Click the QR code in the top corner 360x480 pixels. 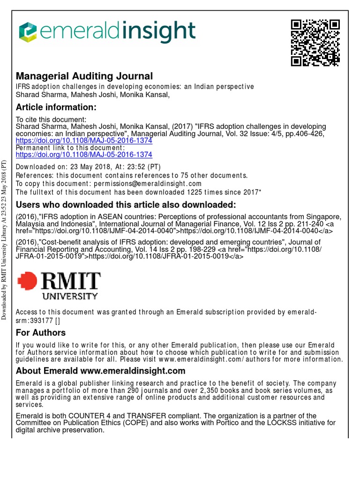coord(315,43)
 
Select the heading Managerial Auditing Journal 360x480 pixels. coord(84,76)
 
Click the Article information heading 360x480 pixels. coord(56,107)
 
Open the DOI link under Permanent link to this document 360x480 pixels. coord(84,154)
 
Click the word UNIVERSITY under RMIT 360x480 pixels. coord(70,296)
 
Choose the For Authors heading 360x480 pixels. coord(41,333)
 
